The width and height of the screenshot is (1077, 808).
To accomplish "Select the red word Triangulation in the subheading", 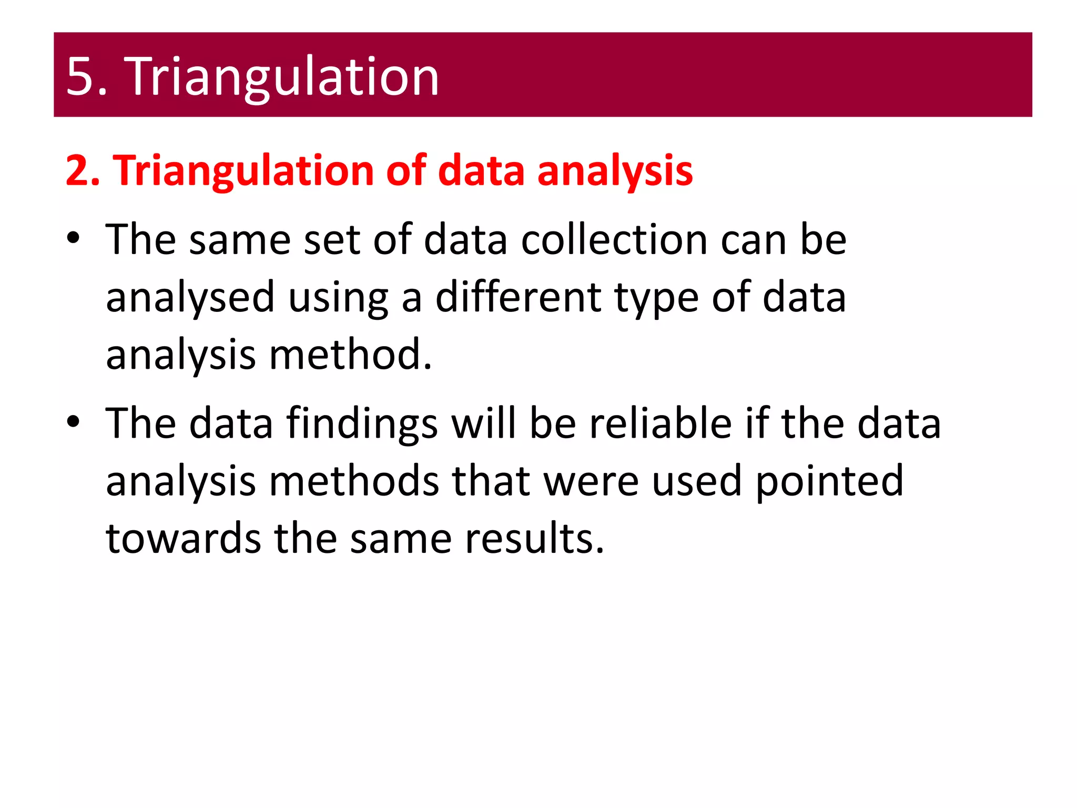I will click(x=244, y=170).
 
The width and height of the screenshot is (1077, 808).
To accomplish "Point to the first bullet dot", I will click(x=73, y=238).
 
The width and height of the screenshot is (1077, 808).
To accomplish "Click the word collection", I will click(x=614, y=239).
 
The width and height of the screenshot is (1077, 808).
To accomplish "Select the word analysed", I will click(x=190, y=297).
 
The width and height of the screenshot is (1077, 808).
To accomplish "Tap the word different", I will click(x=518, y=297).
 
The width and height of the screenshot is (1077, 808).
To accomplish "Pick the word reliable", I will click(x=660, y=423).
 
